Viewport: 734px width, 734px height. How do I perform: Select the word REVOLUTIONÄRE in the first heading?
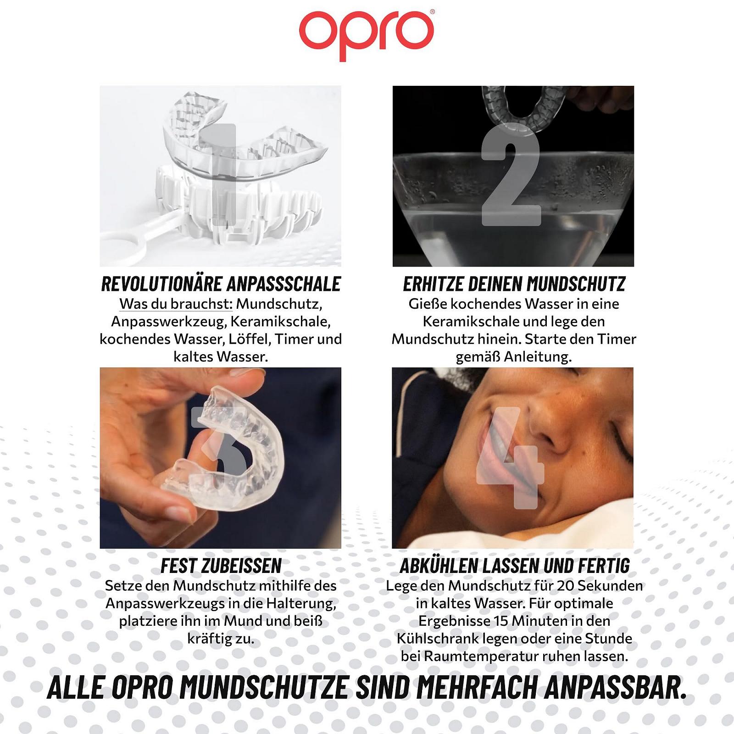pyautogui.click(x=161, y=284)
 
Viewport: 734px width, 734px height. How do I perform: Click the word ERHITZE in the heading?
pyautogui.click(x=433, y=284)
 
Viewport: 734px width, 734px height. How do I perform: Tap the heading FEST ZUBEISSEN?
pyautogui.click(x=221, y=566)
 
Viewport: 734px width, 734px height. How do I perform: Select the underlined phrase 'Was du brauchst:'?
pyautogui.click(x=176, y=304)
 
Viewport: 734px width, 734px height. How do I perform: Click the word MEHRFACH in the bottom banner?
pyautogui.click(x=477, y=688)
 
